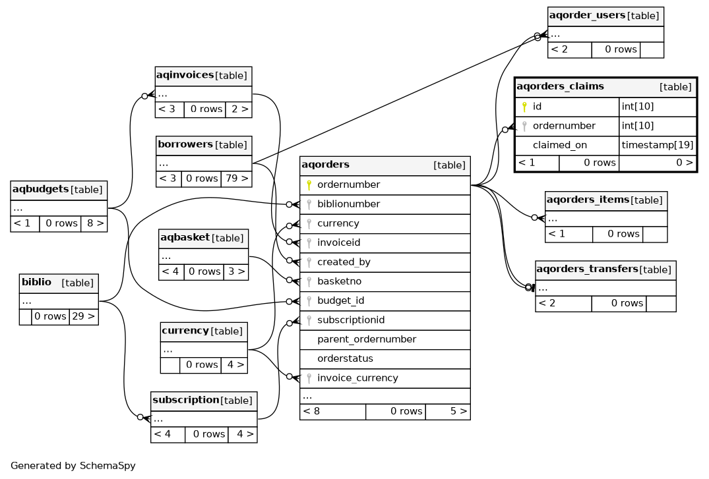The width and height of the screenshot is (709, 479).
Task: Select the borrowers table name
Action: point(185,144)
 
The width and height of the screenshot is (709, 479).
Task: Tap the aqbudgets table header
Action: point(40,189)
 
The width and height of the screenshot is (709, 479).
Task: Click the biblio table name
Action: point(36,283)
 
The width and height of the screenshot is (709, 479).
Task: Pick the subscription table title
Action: point(185,400)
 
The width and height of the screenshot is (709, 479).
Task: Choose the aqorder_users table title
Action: point(587,15)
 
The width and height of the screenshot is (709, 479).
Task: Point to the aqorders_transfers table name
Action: point(587,269)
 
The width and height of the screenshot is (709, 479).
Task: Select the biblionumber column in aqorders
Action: point(348,204)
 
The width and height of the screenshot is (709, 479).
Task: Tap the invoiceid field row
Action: point(338,243)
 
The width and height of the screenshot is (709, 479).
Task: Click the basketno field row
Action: point(339,281)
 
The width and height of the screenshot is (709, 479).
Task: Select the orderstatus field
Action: point(345,359)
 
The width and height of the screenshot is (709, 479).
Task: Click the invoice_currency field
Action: point(357,378)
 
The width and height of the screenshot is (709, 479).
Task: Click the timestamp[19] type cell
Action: point(658,145)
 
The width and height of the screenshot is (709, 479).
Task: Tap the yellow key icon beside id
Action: point(524,106)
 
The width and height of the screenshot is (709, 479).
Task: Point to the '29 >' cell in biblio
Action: point(84,316)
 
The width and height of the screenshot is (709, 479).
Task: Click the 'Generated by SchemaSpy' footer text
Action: point(73,466)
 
